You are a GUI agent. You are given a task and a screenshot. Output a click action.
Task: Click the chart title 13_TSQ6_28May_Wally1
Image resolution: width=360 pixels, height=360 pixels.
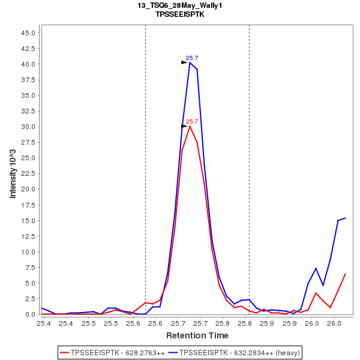pyautogui.click(x=179, y=5)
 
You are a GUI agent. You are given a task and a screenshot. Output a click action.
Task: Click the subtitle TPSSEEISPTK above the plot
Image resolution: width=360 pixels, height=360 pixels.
pyautogui.click(x=179, y=14)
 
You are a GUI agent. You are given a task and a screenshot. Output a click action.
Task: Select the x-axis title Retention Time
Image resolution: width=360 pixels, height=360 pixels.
pyautogui.click(x=197, y=335)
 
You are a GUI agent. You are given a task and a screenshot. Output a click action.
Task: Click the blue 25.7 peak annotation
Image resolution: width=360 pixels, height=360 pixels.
pyautogui.click(x=192, y=58)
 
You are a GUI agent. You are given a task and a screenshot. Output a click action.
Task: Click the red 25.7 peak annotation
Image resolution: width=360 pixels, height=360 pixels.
pyautogui.click(x=192, y=121)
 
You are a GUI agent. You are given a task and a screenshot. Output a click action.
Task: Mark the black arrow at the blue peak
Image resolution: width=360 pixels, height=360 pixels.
pyautogui.click(x=185, y=62)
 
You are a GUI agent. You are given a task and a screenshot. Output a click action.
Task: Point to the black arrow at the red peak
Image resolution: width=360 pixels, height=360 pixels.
pyautogui.click(x=185, y=126)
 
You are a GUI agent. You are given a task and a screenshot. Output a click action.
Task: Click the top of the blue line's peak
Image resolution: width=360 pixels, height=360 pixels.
pyautogui.click(x=190, y=62)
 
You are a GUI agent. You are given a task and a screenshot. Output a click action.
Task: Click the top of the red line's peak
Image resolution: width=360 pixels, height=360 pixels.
pyautogui.click(x=190, y=126)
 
